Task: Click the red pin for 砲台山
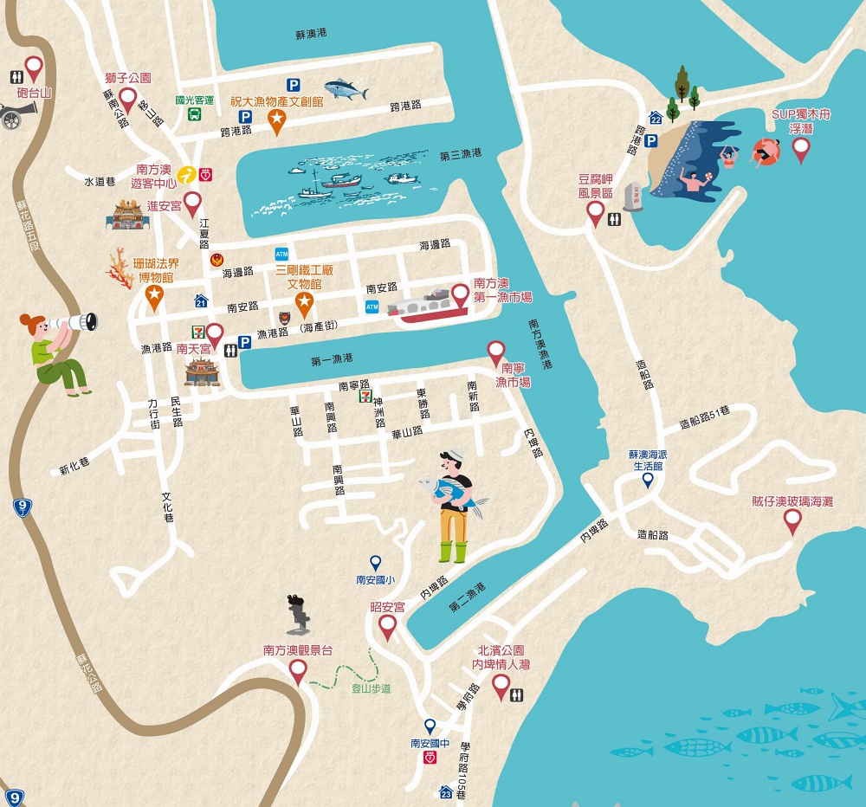click(x=34, y=67)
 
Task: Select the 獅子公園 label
click(x=128, y=78)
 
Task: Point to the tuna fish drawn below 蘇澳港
click(x=345, y=88)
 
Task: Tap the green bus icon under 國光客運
click(x=195, y=115)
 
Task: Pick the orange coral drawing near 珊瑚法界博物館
click(x=119, y=265)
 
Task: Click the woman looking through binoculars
click(x=56, y=352)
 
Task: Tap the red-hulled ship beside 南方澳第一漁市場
click(x=430, y=307)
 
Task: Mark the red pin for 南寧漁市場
click(x=496, y=351)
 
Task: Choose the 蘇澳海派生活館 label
click(x=647, y=460)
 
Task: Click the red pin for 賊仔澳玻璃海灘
click(x=792, y=520)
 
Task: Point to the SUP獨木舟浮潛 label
click(x=801, y=120)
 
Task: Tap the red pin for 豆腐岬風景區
click(x=595, y=212)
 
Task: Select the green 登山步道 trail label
click(x=371, y=688)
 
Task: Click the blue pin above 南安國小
click(x=376, y=562)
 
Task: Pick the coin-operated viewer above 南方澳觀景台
click(x=298, y=614)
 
